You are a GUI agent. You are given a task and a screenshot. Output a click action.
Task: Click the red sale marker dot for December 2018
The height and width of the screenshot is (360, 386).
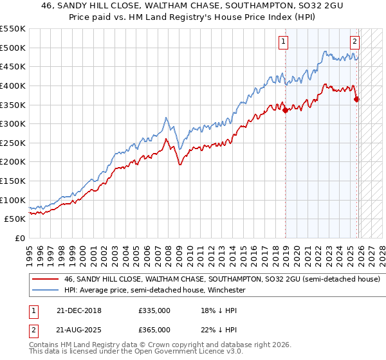click(285, 110)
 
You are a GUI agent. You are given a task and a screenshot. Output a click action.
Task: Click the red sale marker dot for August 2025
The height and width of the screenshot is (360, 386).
click(356, 98)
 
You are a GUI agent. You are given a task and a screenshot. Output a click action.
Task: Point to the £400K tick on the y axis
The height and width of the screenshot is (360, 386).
click(14, 85)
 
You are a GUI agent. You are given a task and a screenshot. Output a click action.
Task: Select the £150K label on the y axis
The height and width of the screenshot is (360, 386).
click(14, 181)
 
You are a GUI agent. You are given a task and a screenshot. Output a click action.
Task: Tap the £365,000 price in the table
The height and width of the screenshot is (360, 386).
click(154, 329)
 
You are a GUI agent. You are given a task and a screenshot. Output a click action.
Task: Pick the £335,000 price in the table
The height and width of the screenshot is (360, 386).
click(154, 310)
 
